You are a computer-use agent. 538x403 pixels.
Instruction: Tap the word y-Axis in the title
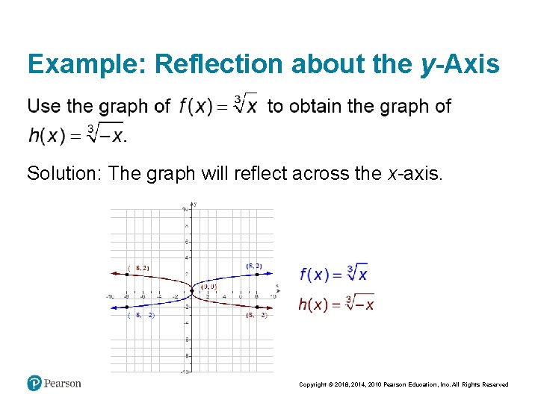pos(460,65)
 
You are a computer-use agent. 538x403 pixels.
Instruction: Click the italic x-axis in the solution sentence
pos(414,174)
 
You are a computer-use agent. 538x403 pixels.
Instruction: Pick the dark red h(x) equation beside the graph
pos(336,303)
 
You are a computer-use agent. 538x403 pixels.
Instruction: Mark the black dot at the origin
pos(192,290)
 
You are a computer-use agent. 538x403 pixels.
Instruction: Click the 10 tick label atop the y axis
pos(185,210)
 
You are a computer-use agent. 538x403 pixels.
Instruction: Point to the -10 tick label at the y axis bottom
pos(184,371)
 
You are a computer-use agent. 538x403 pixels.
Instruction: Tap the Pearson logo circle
pos(34,384)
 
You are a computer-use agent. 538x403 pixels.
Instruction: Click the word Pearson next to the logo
pos(62,384)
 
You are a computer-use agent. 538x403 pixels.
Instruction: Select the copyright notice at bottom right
pos(403,384)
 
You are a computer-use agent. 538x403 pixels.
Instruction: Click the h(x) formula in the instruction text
pos(77,135)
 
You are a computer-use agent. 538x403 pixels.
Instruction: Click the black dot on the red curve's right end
pos(257,307)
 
